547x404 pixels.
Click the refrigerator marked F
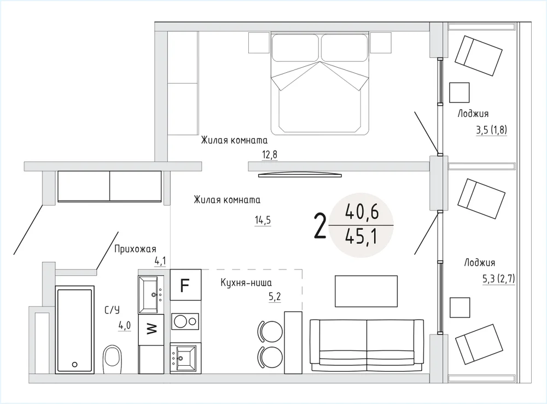tap(185, 285)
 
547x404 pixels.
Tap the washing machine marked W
tap(151, 330)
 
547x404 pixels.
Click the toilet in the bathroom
tap(112, 359)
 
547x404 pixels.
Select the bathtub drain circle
tap(74, 365)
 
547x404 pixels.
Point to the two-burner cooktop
tap(185, 321)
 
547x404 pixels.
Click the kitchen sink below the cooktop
tap(185, 358)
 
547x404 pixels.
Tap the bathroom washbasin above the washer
tap(151, 295)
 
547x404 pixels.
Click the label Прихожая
tap(135, 249)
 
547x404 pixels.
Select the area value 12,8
tap(270, 154)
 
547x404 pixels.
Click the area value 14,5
tap(263, 220)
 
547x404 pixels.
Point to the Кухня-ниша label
tap(246, 282)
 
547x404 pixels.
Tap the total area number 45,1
tap(361, 238)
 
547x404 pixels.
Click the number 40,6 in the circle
tap(362, 212)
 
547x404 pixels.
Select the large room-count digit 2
tap(320, 225)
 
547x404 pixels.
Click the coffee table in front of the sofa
tap(366, 291)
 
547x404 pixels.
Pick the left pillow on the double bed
tap(295, 48)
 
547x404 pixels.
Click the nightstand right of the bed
tap(381, 43)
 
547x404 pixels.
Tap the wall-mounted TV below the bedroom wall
tap(300, 174)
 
